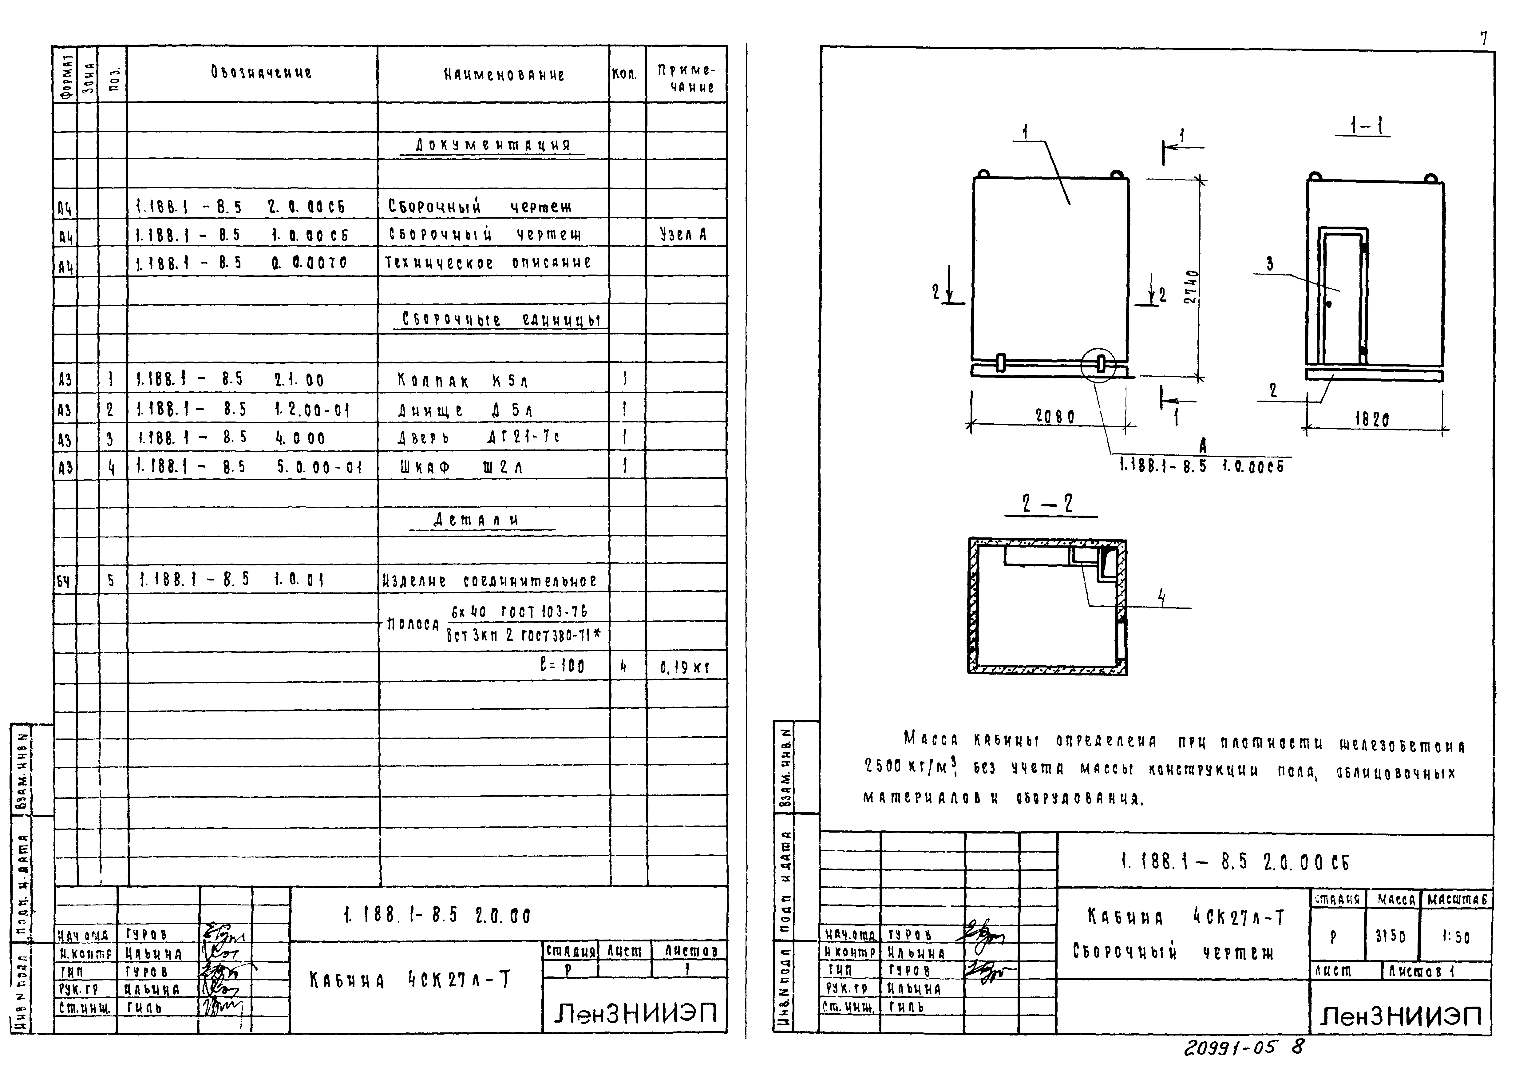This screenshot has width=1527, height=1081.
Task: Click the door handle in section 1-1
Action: pos(1329,304)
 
